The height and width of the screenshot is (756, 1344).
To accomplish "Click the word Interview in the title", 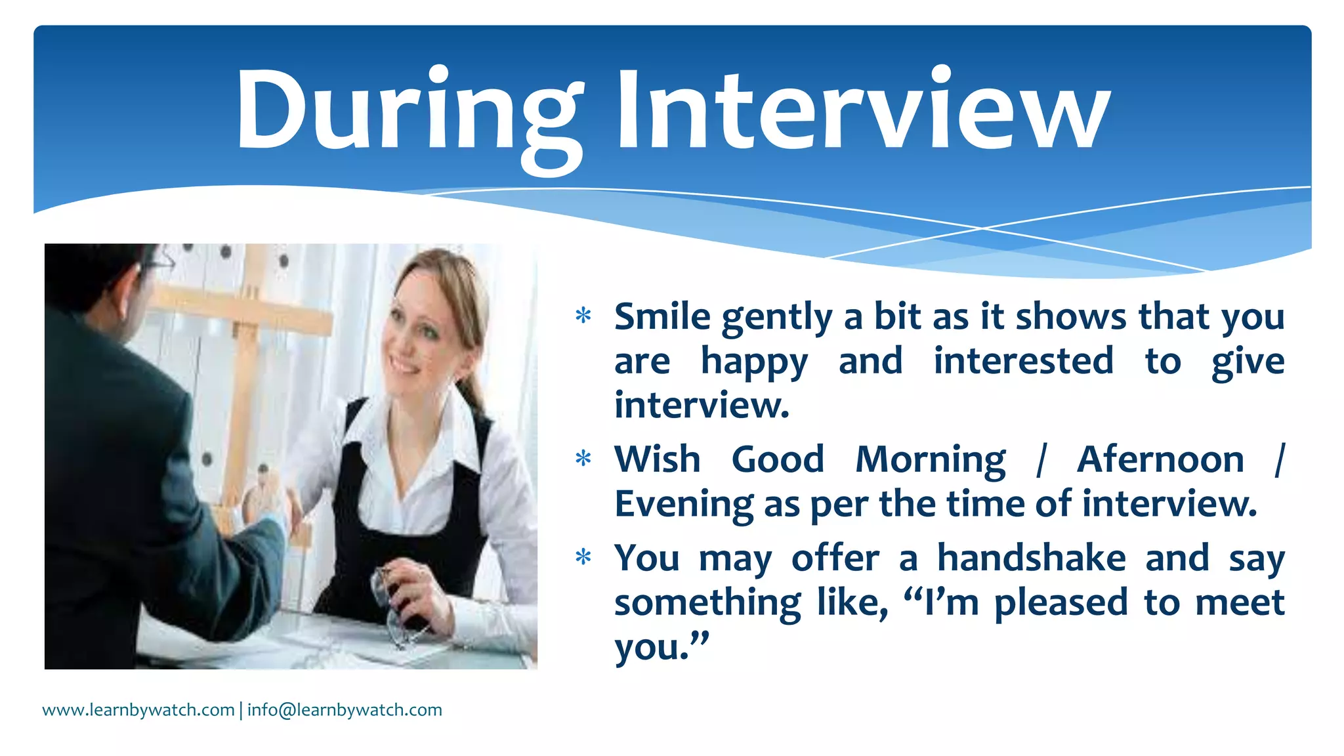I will coord(862,112).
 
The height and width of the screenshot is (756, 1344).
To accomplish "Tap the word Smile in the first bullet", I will coord(662,317).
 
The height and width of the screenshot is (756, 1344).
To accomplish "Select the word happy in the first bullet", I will coord(754,362).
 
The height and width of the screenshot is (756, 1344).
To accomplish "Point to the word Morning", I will coord(930,459).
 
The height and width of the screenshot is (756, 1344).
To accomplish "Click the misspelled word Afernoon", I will coord(1160,459).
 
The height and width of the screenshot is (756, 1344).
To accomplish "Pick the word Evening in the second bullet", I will coord(683,505).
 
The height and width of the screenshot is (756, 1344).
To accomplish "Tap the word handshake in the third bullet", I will coord(1031,558).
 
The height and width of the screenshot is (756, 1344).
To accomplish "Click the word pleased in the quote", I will coord(1060,603).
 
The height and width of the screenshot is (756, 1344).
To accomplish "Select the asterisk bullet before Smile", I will coord(583,316).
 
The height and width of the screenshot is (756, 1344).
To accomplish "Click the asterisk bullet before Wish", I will coord(583,458).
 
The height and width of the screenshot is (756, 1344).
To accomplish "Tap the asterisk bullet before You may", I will coord(583,558).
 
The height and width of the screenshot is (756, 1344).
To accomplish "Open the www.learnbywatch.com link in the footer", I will coord(138,710).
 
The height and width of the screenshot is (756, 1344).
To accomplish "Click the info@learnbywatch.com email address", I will coord(345,710).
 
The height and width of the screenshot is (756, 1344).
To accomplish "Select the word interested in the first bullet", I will coord(1023,362).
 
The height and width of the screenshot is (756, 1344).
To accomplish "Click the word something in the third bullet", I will coord(707,603).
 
